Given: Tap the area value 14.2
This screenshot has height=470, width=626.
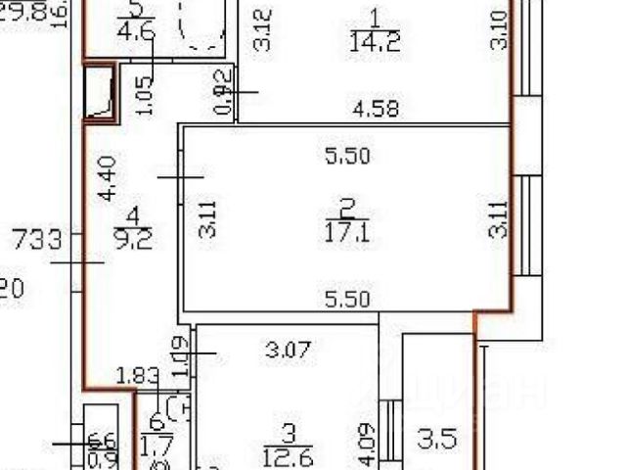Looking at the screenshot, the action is pyautogui.click(x=369, y=41).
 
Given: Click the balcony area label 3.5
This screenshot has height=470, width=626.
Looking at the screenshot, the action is pyautogui.click(x=436, y=438).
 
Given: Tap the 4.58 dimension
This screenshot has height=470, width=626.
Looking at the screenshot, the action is pyautogui.click(x=376, y=110).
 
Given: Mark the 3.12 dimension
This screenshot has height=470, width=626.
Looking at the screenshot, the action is pyautogui.click(x=260, y=30).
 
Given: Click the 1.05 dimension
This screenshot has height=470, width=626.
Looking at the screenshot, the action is pyautogui.click(x=145, y=96).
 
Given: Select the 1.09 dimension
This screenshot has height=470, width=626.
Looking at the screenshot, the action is pyautogui.click(x=178, y=354).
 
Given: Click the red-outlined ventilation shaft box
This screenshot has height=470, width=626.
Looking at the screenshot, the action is pyautogui.click(x=100, y=93).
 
